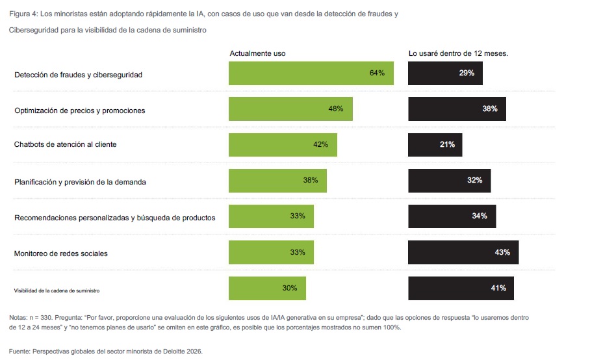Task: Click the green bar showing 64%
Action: click(311, 73)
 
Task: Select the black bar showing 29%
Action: click(445, 73)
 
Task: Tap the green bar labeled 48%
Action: click(290, 109)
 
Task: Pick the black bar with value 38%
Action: click(457, 109)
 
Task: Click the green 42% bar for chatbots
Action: click(283, 144)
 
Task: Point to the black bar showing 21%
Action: click(435, 144)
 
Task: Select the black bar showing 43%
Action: click(463, 252)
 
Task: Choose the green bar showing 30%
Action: click(267, 288)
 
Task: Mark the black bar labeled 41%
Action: click(461, 288)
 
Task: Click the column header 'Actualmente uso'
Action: click(258, 53)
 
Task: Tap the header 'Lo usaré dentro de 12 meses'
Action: click(458, 53)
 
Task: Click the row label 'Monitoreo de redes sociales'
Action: click(61, 253)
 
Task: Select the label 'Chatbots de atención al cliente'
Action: click(66, 144)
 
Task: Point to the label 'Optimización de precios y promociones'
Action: click(80, 110)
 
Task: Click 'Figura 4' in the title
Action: click(22, 13)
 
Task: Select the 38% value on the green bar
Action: click(310, 180)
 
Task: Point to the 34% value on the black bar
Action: click(480, 216)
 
